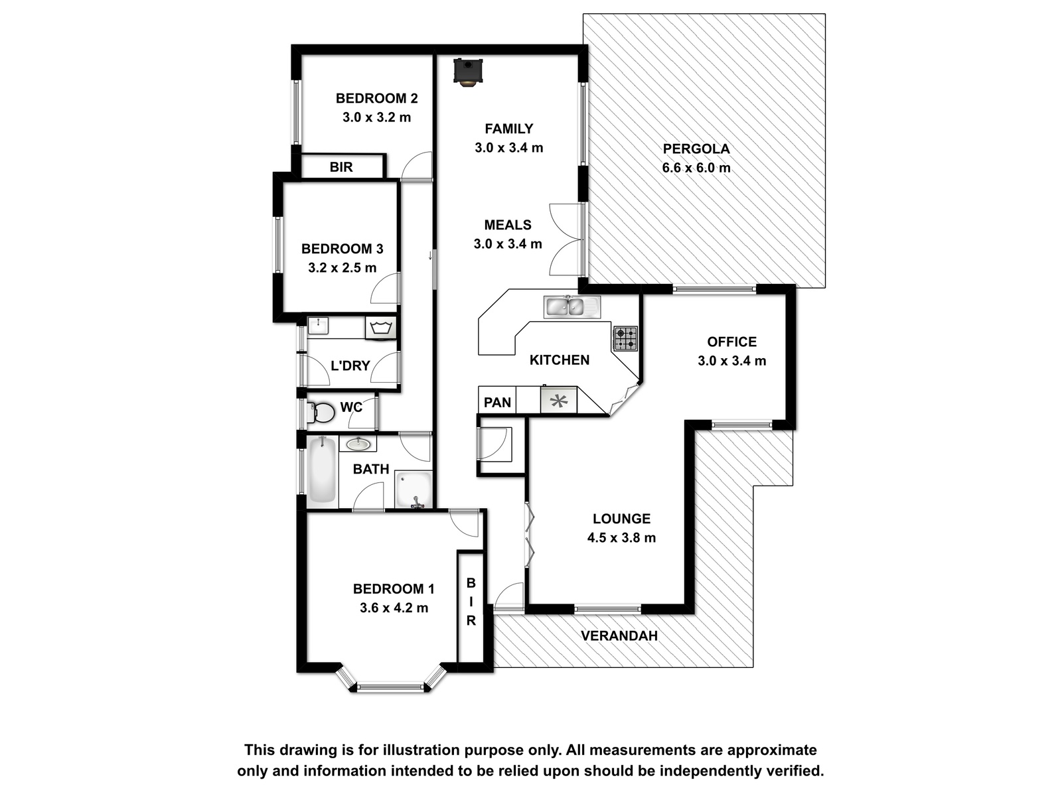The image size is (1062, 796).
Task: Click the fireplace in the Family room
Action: [x=468, y=72]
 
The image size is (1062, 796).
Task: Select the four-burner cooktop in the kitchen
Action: [x=626, y=338]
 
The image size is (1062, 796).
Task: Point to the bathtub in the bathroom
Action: [x=322, y=469]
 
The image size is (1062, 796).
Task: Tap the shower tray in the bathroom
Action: [x=414, y=489]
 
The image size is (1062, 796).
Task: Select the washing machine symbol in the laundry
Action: [x=380, y=328]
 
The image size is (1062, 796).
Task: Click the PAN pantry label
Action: [x=497, y=402]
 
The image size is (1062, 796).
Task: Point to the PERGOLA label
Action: [x=696, y=149]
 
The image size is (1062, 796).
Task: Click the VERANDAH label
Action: [x=619, y=635]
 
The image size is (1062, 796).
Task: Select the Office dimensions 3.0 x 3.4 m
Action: [x=731, y=361]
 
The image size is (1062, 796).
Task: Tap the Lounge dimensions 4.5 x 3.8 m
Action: [x=621, y=537]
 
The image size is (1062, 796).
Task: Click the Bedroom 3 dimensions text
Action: [x=342, y=268]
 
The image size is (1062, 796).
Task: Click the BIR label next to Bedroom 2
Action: [x=341, y=167]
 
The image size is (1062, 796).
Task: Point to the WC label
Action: [x=350, y=407]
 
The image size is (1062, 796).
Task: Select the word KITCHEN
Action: [x=560, y=360]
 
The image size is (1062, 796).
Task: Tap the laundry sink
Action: [x=319, y=325]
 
